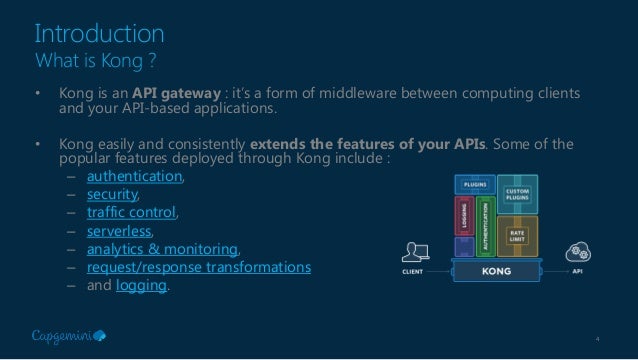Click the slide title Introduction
[99, 33]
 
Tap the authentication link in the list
[134, 177]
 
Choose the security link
[112, 195]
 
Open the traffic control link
[131, 213]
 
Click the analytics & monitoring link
[163, 250]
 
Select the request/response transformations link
[198, 268]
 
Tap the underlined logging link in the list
[142, 287]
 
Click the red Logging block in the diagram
[463, 213]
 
